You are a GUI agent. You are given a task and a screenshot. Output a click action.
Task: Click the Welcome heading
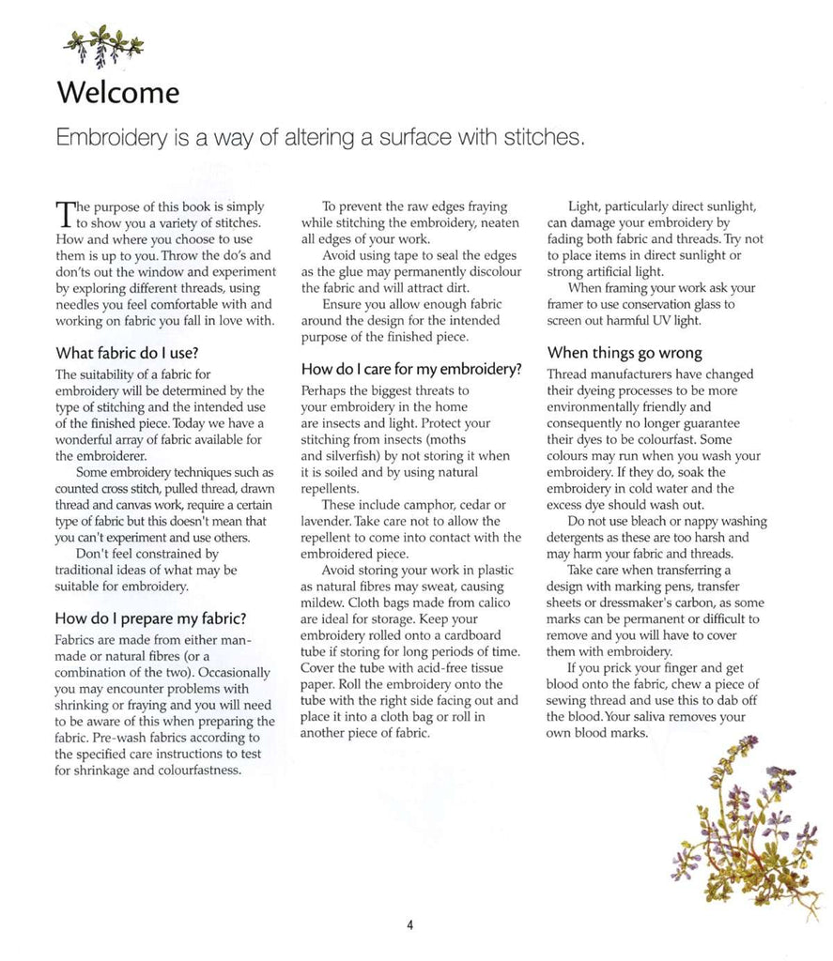pos(117,93)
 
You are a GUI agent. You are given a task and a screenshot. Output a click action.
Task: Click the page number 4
pos(410,924)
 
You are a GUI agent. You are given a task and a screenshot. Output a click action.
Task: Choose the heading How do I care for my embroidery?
pos(411,369)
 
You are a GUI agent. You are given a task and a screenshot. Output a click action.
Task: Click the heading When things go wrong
pos(625,353)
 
